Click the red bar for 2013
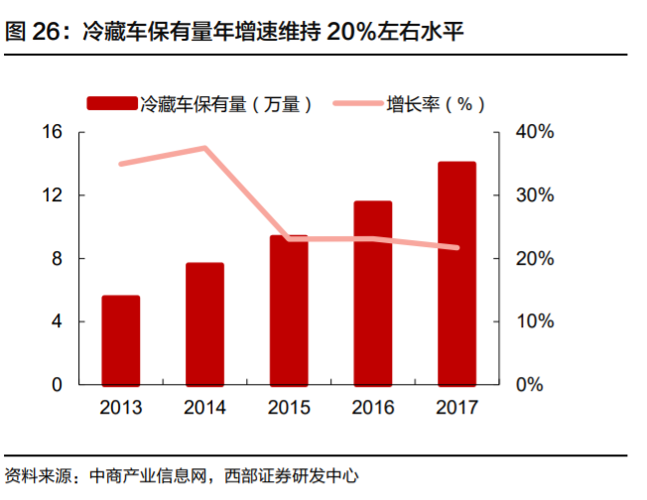[120, 339]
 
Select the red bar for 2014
[204, 323]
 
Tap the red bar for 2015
[289, 310]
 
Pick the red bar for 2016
[372, 293]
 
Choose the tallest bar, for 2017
[456, 273]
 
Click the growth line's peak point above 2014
[205, 148]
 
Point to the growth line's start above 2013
[121, 164]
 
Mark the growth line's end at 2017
[456, 248]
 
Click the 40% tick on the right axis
[533, 132]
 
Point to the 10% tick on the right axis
[533, 321]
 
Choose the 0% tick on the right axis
[529, 385]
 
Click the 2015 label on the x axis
[289, 408]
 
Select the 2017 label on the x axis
[456, 408]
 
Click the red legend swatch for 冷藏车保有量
[113, 103]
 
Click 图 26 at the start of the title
[31, 32]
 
